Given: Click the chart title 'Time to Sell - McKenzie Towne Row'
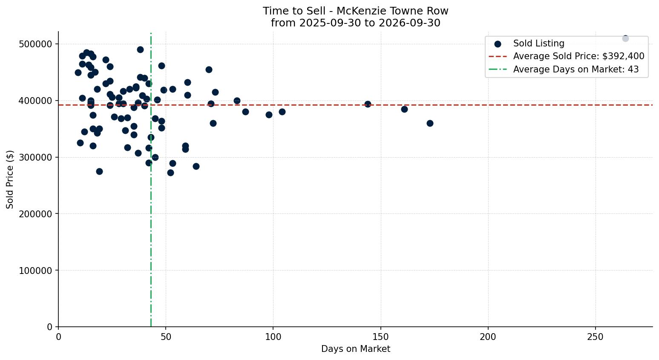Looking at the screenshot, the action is click(x=355, y=11).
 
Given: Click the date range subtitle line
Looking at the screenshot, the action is click(x=355, y=23).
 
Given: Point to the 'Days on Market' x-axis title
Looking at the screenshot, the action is click(x=355, y=349).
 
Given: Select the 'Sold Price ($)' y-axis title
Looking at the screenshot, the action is click(x=10, y=180).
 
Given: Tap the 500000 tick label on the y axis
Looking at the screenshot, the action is click(x=35, y=44).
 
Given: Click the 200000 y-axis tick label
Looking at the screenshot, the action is click(x=35, y=214).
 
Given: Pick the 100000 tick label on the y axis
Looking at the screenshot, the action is click(x=35, y=270).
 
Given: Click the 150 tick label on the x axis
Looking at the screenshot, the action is click(x=381, y=337).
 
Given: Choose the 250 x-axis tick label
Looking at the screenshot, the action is click(x=596, y=337).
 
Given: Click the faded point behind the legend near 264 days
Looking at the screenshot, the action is click(x=625, y=38).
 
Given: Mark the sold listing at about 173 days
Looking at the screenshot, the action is click(x=430, y=123).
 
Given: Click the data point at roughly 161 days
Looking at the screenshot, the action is click(x=404, y=109).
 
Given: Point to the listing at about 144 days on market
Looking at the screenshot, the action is click(x=368, y=104).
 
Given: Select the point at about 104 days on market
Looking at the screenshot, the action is click(x=282, y=112).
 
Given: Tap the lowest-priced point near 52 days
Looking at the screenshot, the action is click(x=170, y=173).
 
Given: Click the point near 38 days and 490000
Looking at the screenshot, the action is click(x=140, y=50).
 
